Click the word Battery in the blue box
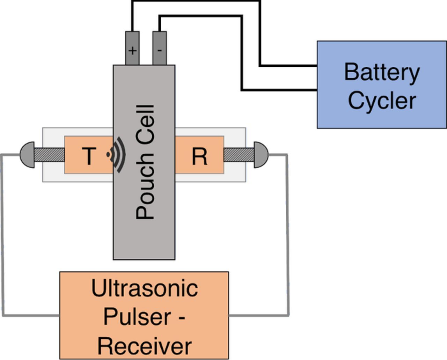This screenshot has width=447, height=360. point(382,73)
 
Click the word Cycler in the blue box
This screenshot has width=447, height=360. point(382,101)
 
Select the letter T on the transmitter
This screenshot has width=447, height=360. point(89,156)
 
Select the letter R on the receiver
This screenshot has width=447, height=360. point(199,156)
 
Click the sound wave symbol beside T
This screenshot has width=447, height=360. point(117,155)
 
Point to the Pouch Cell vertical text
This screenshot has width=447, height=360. point(145,162)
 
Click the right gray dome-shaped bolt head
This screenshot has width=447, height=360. point(261,155)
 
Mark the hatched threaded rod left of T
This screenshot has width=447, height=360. point(49,155)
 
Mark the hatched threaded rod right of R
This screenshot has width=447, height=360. point(239,155)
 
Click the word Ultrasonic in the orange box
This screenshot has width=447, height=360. point(144,288)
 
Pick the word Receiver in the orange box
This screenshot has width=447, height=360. point(144,345)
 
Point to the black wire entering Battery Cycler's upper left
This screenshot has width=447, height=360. point(288,65)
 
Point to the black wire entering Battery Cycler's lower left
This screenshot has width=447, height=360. point(279,90)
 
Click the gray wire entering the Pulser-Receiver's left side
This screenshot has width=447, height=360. point(31,316)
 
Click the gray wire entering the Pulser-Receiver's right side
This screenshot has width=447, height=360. point(258,316)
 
